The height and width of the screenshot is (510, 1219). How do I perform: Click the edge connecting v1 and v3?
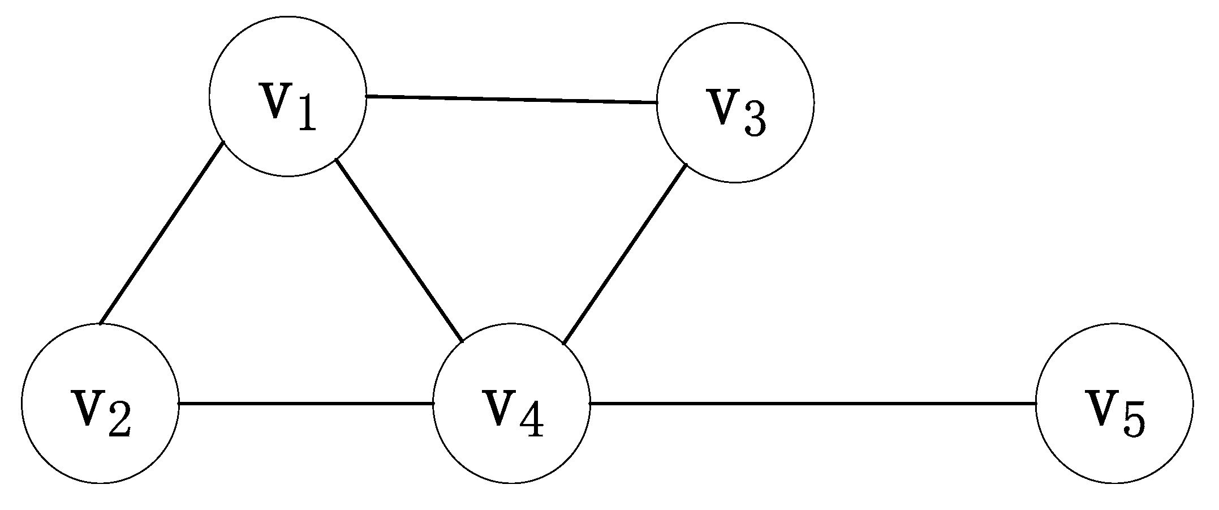coord(511,100)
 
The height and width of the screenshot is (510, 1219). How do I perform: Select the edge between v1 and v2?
coord(162,233)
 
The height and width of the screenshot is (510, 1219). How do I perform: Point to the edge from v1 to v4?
coord(399,251)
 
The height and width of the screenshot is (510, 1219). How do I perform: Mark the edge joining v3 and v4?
coord(624,254)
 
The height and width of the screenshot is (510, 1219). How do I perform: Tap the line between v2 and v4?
coord(305,404)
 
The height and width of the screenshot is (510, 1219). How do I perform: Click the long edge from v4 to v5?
coord(812,404)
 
